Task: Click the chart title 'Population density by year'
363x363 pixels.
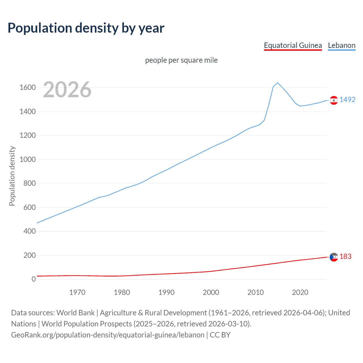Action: point(86,28)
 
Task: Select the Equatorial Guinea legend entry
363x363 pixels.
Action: point(293,45)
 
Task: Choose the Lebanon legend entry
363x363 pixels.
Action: point(341,45)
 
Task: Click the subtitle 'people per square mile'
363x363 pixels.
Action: point(181,60)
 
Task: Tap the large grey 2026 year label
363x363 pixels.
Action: point(67,90)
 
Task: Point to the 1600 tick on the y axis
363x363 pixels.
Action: point(28,87)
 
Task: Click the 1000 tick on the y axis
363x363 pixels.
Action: point(28,159)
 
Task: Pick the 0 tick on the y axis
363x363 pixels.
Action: point(33,279)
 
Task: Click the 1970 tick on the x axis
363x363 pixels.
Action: point(77,292)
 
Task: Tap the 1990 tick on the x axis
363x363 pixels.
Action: point(166,292)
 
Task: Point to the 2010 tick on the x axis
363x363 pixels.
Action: point(256,292)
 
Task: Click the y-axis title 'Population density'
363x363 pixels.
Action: point(12,176)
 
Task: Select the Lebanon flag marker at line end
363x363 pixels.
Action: point(334,100)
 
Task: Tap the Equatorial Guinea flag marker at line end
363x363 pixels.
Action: point(334,257)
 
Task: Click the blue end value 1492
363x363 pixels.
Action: point(347,100)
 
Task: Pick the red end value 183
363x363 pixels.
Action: point(345,256)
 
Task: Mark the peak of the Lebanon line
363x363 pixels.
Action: point(278,83)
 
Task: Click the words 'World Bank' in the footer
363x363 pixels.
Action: point(75,313)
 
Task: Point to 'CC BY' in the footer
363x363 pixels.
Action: point(220,335)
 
